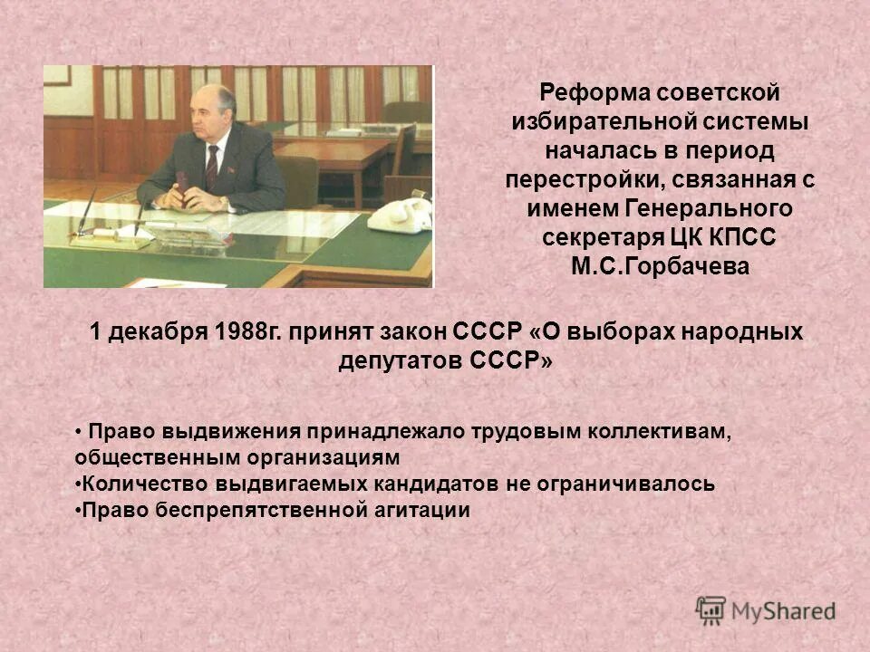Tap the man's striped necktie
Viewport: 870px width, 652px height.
[x=212, y=168]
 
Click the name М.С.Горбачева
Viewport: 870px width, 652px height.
[x=660, y=267]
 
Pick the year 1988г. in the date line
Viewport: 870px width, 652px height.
[x=250, y=331]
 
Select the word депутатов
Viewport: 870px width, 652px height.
[x=392, y=360]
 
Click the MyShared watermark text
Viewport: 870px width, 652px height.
[x=784, y=611]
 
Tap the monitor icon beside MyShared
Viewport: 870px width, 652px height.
[x=711, y=609]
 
